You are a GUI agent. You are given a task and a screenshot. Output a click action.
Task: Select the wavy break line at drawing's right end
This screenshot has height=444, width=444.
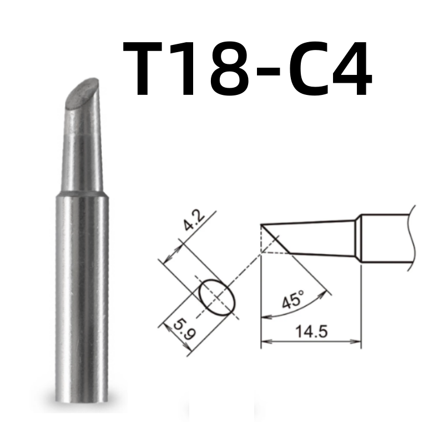click(x=411, y=239)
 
